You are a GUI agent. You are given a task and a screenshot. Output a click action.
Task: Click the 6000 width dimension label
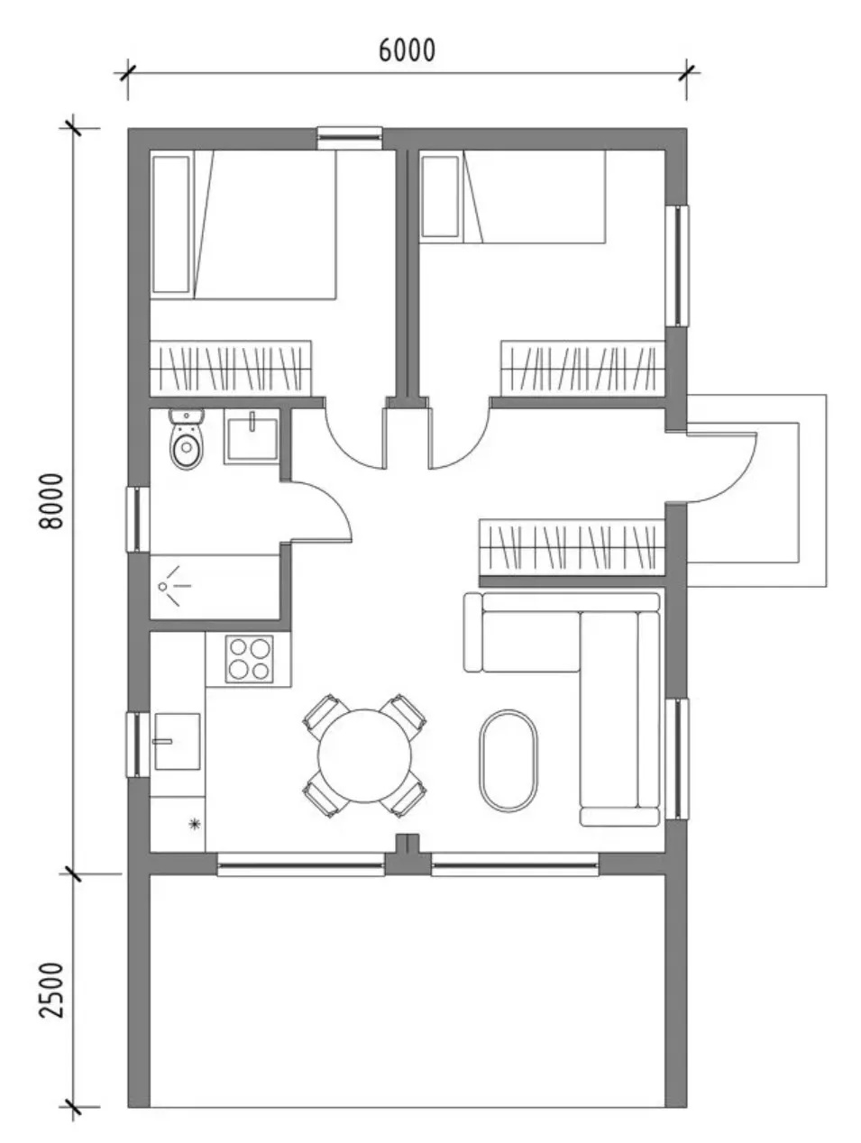407,50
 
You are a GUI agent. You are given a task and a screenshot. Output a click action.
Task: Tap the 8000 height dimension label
51,501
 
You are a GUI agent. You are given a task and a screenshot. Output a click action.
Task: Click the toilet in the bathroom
187,439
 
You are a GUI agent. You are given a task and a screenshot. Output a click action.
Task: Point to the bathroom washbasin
251,436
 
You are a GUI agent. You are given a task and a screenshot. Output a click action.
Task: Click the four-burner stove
250,659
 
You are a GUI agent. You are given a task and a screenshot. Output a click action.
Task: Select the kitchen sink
177,742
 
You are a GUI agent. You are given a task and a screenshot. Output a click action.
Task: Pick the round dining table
364,755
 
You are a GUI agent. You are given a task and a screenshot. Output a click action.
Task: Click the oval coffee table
508,760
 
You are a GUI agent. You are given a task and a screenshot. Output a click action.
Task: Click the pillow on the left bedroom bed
170,224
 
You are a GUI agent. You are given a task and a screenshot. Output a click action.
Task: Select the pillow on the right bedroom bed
440,197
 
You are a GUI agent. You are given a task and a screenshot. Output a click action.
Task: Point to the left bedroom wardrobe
231,368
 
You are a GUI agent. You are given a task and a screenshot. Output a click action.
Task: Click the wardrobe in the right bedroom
582,368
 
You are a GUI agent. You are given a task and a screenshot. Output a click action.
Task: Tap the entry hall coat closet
572,547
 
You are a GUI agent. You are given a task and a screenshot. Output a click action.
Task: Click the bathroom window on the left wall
138,518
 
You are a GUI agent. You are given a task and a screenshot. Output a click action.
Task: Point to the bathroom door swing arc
330,500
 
